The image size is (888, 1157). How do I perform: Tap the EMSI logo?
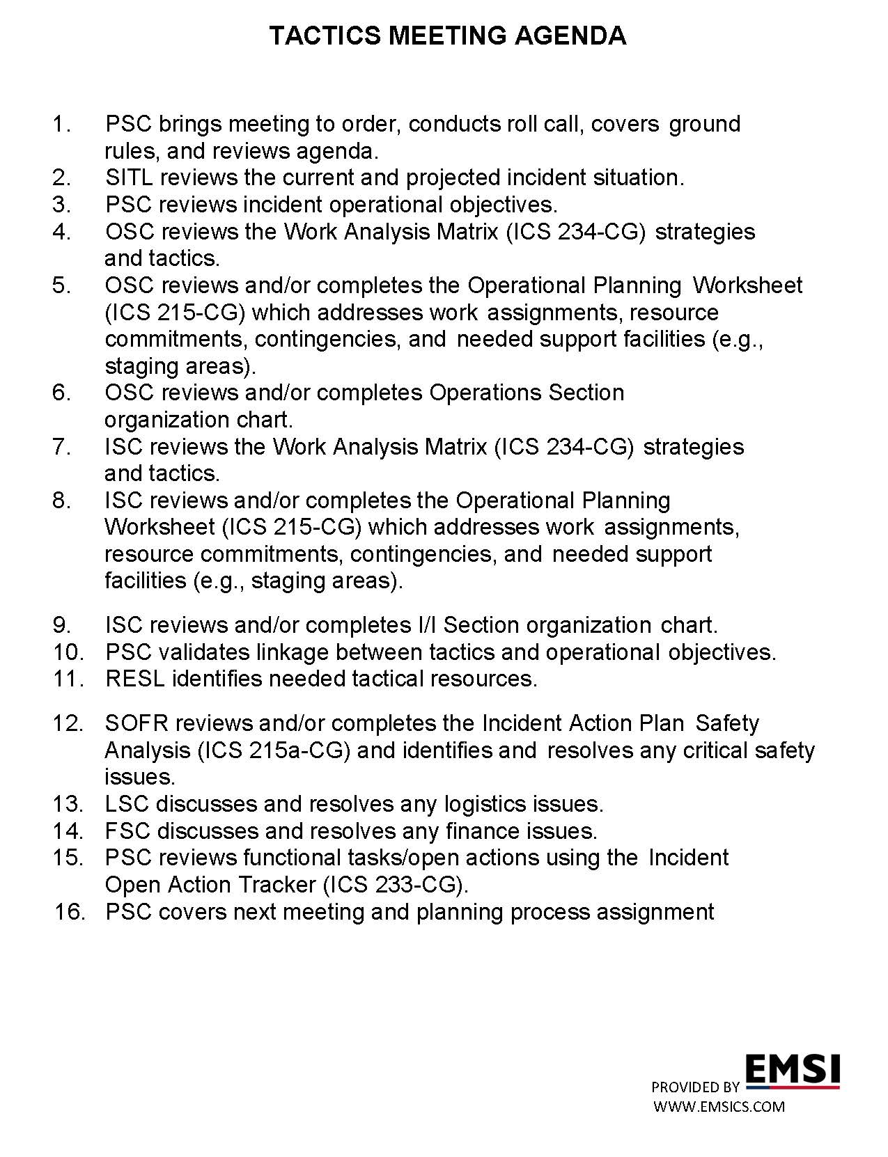click(793, 1071)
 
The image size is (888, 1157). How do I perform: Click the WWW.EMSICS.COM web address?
click(719, 1107)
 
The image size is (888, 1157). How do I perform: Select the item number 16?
click(70, 912)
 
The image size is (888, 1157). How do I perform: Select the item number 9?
click(61, 625)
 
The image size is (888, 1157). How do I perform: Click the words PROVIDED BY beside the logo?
click(695, 1087)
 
